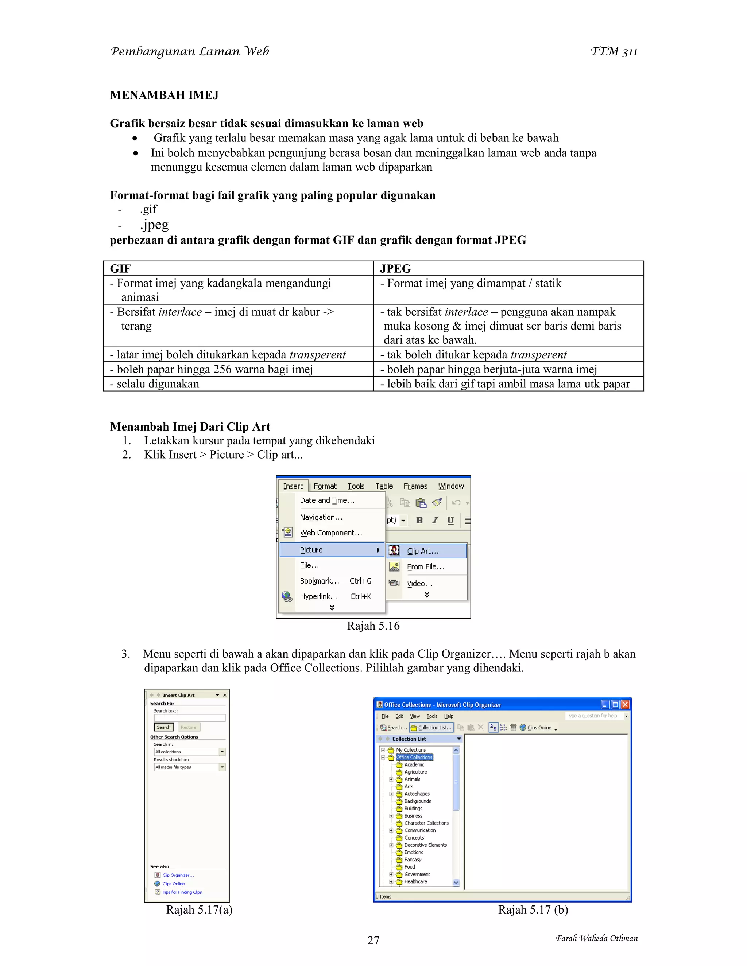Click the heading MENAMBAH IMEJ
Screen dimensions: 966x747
[x=164, y=95]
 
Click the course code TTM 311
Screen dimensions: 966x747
[x=614, y=52]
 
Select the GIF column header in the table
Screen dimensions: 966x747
[x=121, y=269]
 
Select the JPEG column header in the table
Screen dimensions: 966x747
[x=395, y=269]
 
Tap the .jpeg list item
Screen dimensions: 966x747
[x=154, y=225]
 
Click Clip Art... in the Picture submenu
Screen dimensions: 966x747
[x=423, y=551]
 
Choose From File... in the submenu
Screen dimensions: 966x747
[x=425, y=566]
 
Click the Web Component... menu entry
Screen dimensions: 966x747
[x=330, y=533]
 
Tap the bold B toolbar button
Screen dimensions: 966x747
[x=419, y=521]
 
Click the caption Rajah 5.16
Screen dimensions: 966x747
[x=373, y=626]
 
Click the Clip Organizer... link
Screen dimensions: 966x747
[x=178, y=875]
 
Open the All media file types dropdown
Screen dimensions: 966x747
[x=222, y=767]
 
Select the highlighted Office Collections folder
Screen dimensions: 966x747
[x=414, y=757]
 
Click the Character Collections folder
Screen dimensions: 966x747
[x=426, y=823]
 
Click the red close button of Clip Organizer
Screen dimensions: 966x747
[x=625, y=705]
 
